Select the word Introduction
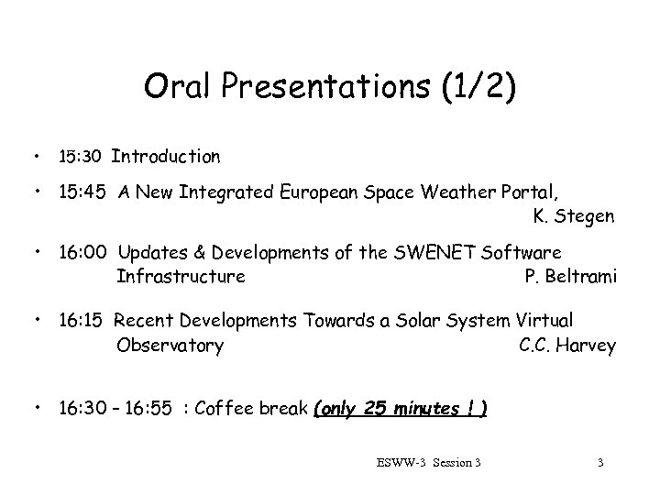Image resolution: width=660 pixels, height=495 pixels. coord(166,157)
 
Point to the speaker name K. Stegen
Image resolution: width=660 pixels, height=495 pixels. coord(573,217)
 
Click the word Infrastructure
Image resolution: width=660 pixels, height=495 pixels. coord(181,276)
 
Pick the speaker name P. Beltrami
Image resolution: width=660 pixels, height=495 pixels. coord(569,276)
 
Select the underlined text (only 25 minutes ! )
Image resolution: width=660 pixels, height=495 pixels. coord(401,407)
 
